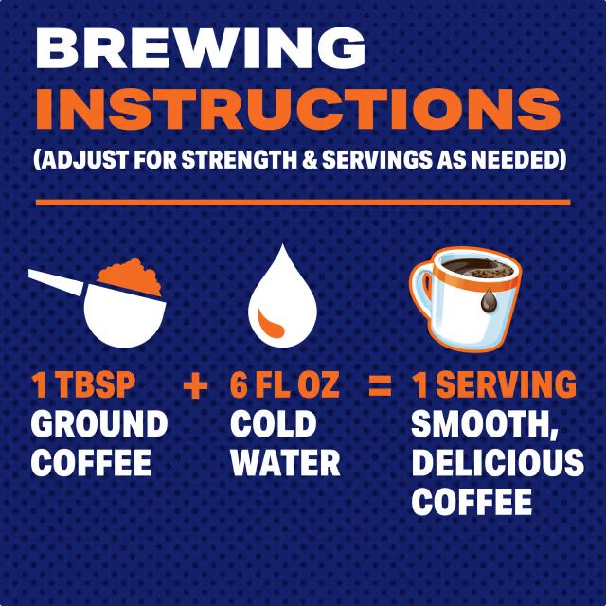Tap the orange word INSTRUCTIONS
click(297, 111)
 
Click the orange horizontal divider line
click(303, 202)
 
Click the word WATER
click(285, 463)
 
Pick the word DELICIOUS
click(497, 463)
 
